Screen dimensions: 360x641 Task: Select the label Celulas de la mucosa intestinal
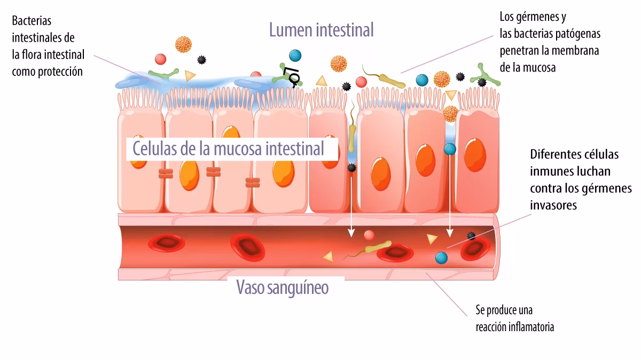point(228,148)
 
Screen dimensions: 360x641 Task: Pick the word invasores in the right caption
point(553,206)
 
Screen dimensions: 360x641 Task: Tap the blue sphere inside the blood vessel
point(441,257)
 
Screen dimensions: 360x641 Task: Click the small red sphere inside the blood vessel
point(369,235)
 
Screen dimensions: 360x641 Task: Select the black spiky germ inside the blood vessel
point(471,236)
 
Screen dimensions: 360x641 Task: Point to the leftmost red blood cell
point(167,244)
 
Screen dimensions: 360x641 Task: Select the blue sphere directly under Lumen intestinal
point(294,55)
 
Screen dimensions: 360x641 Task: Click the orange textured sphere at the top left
point(183,44)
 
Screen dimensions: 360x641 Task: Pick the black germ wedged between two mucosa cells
point(351,168)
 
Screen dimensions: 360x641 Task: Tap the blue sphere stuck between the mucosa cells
point(450,149)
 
